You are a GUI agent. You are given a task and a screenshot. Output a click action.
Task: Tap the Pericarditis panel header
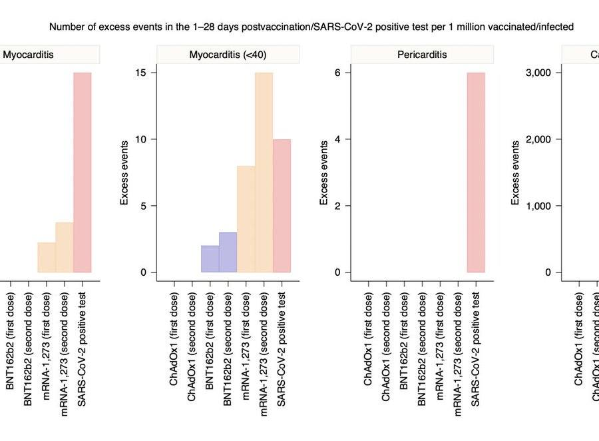pyautogui.click(x=423, y=55)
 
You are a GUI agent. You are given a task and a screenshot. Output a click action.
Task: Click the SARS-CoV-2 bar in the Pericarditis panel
pyautogui.click(x=477, y=173)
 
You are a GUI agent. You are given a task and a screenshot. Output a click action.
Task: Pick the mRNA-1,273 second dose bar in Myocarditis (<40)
pyautogui.click(x=264, y=173)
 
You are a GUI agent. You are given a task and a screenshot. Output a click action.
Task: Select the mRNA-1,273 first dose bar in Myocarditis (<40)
pyautogui.click(x=246, y=219)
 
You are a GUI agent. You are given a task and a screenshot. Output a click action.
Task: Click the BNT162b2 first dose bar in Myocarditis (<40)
pyautogui.click(x=210, y=259)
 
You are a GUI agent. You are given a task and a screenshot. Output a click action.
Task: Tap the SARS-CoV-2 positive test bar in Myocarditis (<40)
pyautogui.click(x=282, y=206)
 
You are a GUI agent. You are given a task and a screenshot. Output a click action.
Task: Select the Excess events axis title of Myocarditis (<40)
pyautogui.click(x=124, y=173)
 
